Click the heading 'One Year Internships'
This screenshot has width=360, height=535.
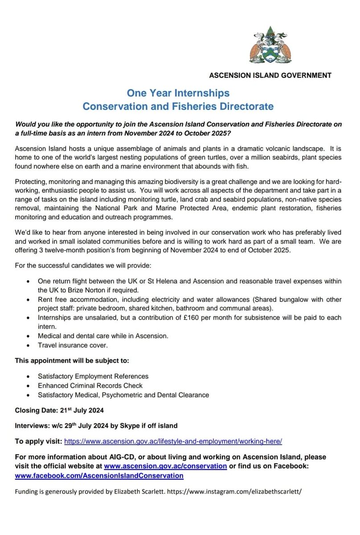179,93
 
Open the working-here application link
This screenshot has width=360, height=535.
173,441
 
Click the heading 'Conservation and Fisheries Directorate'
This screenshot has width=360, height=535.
178,107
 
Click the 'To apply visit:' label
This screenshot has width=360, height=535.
38,441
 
